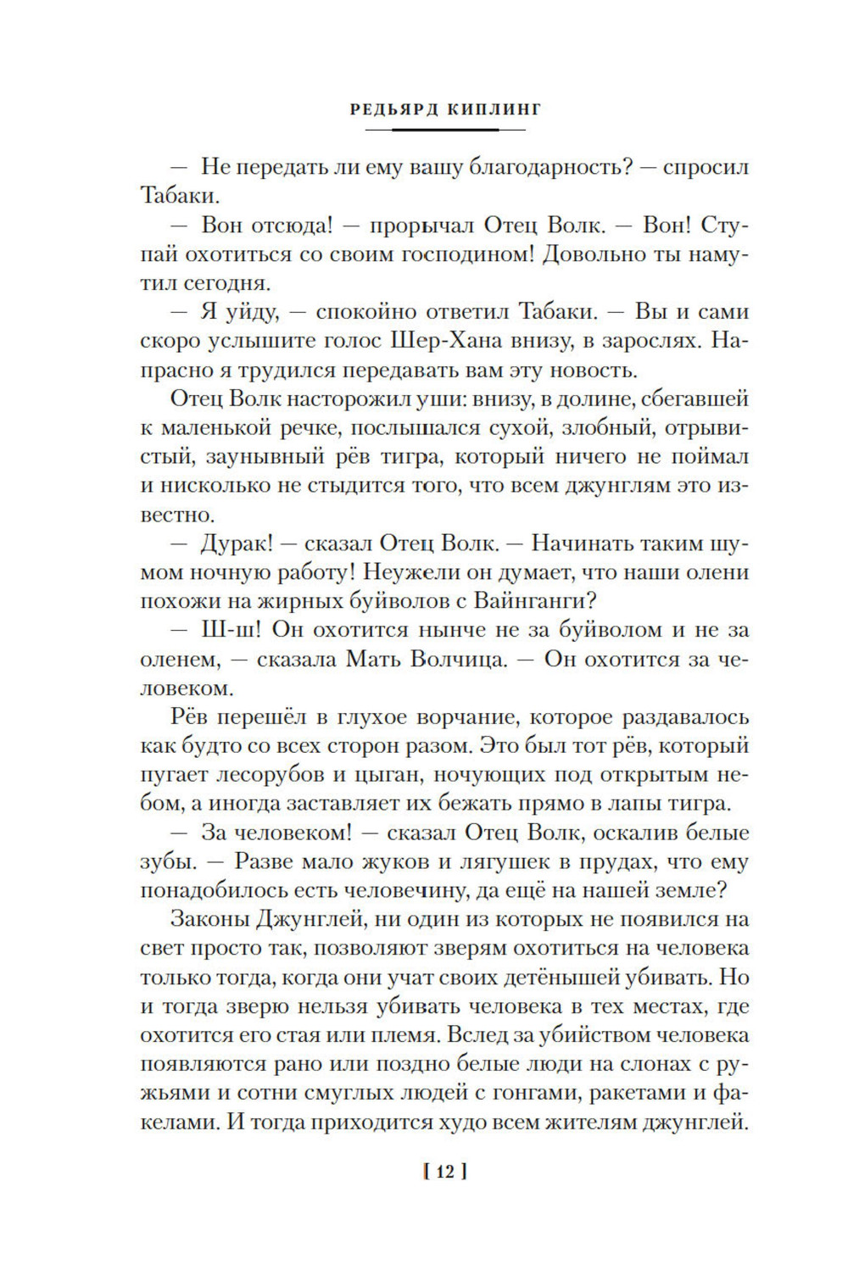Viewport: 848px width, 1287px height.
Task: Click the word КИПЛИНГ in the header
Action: pyautogui.click(x=491, y=109)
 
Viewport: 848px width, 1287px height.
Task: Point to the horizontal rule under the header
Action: pyautogui.click(x=444, y=130)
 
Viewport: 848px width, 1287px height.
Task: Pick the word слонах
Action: pyautogui.click(x=662, y=1063)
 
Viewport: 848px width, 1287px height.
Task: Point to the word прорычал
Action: pyautogui.click(x=411, y=226)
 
